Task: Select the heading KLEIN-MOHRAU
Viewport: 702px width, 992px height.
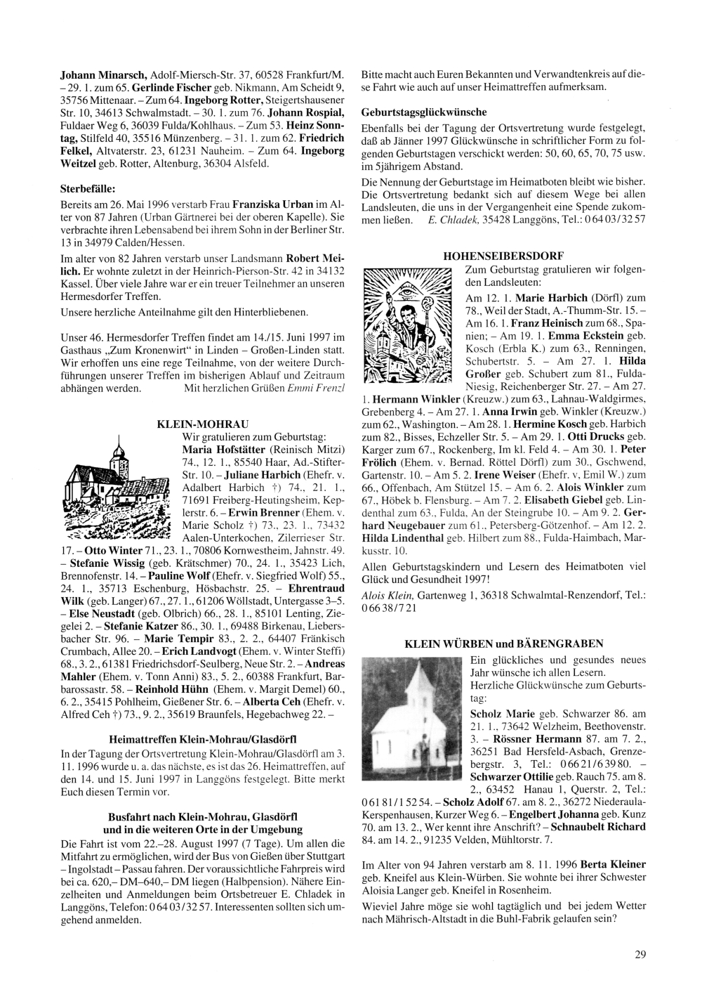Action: (187, 425)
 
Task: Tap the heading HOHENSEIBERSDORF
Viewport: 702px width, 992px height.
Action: (503, 255)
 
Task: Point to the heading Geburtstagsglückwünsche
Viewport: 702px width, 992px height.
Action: (423, 112)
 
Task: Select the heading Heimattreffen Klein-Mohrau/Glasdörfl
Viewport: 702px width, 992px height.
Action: (202, 738)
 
